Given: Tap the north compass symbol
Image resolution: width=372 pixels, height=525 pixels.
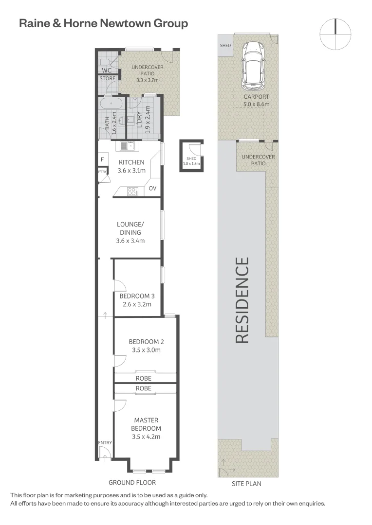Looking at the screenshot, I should tap(335, 34).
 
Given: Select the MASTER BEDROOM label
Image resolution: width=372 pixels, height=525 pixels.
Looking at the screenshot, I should tap(146, 424).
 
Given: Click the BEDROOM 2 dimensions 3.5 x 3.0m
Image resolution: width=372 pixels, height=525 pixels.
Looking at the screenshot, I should tap(146, 350).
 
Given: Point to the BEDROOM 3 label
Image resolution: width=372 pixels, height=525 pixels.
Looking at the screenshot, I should tap(137, 296).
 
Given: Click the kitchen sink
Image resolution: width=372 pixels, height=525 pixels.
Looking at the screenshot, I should tap(128, 145).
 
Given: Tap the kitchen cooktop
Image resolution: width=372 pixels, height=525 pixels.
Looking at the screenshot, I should tap(131, 192).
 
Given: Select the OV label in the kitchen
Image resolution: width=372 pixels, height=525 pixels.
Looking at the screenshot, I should tap(152, 188).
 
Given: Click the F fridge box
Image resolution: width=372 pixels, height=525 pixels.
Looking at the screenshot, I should tap(103, 159).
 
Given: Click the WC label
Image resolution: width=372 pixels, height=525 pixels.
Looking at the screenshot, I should tap(106, 70).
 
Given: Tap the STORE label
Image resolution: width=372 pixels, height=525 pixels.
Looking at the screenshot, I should tap(107, 78).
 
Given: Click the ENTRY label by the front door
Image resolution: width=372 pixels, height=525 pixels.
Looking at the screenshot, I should tap(105, 442).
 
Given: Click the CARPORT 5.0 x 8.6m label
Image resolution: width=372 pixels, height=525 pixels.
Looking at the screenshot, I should tap(256, 100).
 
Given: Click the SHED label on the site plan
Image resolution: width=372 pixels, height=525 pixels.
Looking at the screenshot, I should tap(225, 46).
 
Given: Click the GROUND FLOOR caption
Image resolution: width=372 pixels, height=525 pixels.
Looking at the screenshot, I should tap(132, 483).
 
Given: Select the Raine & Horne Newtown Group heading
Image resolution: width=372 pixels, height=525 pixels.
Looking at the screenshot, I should tap(103, 23).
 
